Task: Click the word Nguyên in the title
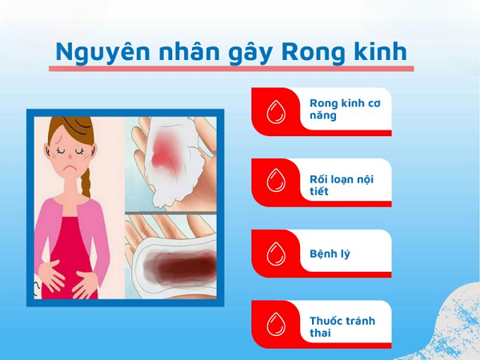(103, 52)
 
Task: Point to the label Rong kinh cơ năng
(345, 110)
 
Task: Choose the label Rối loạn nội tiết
(342, 186)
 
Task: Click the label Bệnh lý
(330, 254)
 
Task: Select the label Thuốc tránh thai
(342, 326)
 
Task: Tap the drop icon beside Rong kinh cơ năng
(276, 112)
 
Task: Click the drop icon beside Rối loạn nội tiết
(276, 181)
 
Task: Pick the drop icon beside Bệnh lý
(276, 254)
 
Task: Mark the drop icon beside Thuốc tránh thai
(276, 324)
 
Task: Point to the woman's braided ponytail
(86, 182)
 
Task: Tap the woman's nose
(70, 156)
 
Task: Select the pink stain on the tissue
(167, 150)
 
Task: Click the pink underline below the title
(231, 69)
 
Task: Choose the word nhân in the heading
(189, 51)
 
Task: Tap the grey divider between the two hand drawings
(171, 213)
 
